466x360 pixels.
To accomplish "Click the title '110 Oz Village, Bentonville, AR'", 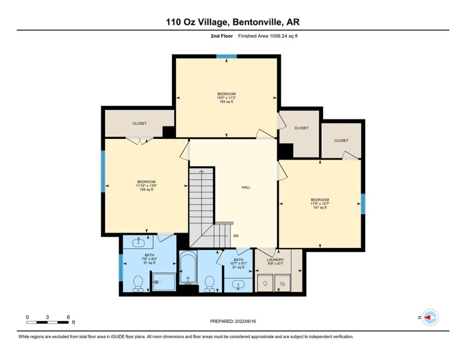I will tap(233, 22).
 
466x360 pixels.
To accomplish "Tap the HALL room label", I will tap(246, 187).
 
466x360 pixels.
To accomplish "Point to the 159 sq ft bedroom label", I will tap(146, 186).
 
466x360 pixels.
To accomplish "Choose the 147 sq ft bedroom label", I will tap(319, 203).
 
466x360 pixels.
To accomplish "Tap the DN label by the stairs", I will tap(236, 236).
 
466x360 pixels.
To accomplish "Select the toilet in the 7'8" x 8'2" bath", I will tap(138, 283).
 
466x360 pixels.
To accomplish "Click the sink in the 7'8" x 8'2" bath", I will tap(138, 242).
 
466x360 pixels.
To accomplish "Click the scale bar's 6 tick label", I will tap(68, 317).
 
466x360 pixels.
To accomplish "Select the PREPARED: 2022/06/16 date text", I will tap(233, 322).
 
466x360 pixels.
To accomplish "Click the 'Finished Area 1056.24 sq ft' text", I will tap(268, 36).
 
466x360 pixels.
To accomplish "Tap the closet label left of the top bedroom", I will tap(140, 123).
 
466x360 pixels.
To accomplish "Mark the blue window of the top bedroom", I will tap(226, 57).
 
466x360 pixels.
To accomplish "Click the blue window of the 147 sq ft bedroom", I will tap(363, 204).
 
